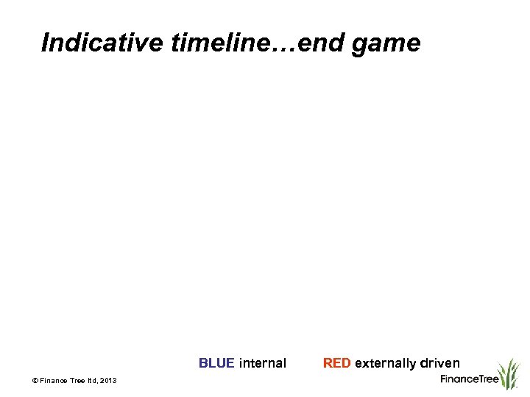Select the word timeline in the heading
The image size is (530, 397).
pos(217,43)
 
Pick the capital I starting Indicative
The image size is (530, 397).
pos(46,43)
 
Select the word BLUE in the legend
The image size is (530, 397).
pos(216,363)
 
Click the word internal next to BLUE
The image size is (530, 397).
pos(263,363)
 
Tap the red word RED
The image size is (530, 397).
pos(336,363)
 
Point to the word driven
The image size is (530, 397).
pos(440,363)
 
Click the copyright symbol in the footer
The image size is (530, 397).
pos(35,380)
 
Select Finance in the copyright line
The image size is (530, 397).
pos(54,380)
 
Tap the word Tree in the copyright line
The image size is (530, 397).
pos(79,380)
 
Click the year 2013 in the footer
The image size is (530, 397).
pos(109,380)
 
